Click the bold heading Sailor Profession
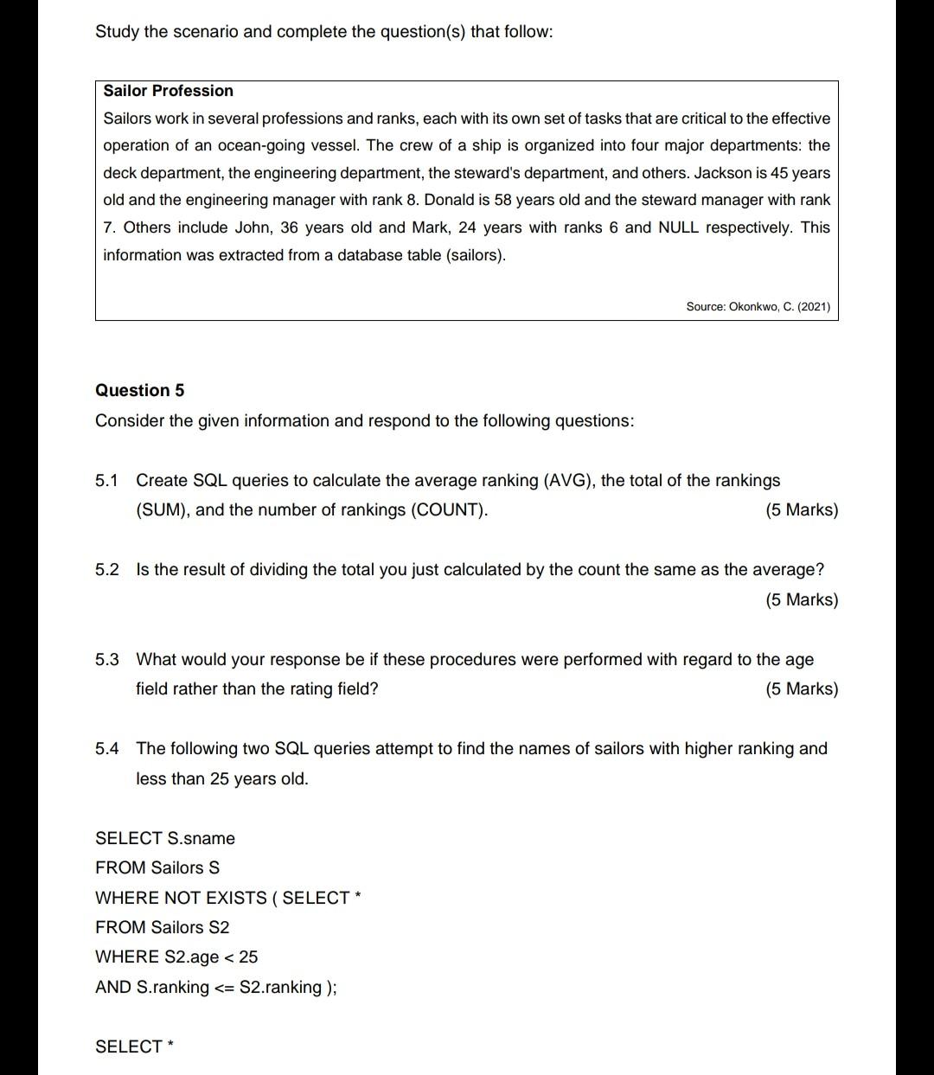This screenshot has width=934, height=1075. tap(169, 91)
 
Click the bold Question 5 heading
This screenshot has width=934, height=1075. tap(139, 390)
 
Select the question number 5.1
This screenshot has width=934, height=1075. tap(106, 480)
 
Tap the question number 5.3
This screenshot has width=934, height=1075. tap(106, 659)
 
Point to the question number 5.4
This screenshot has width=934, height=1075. tap(106, 748)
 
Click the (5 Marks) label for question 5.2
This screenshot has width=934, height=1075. tap(802, 599)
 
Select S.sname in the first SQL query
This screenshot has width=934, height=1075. tap(202, 838)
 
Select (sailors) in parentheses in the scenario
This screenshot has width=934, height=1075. tap(475, 255)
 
